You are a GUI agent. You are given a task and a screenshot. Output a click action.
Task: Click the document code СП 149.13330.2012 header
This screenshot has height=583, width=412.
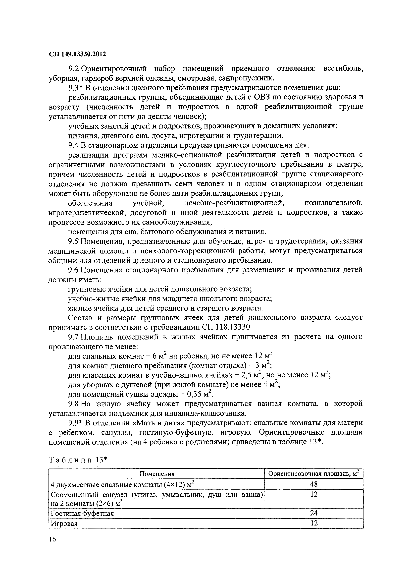(x=77, y=54)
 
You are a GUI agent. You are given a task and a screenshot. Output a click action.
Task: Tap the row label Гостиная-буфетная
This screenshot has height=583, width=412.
(x=82, y=513)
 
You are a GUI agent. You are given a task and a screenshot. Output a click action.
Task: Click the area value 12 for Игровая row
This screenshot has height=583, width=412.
(x=314, y=523)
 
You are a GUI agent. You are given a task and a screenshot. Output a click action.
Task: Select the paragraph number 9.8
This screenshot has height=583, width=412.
(x=74, y=404)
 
